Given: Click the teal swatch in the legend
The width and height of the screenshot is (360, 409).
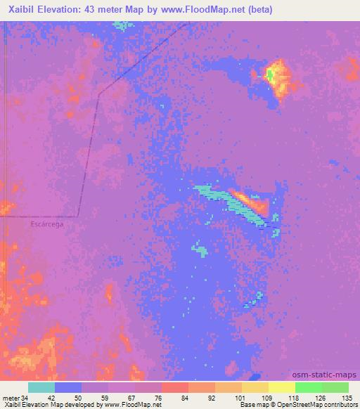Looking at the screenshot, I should point(41,387).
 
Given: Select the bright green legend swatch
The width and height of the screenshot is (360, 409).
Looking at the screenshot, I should point(308,387).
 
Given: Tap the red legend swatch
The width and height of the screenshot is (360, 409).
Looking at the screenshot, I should point(175,387).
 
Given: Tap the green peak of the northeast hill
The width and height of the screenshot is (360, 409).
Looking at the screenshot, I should point(270,74).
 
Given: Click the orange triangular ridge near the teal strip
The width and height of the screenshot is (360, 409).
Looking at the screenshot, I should point(253,204).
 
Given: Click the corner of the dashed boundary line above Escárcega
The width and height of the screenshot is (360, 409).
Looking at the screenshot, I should point(78,216).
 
